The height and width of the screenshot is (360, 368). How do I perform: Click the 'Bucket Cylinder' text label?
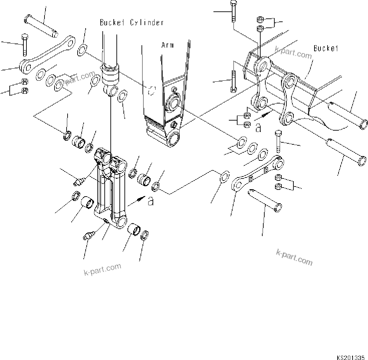coord(132,22)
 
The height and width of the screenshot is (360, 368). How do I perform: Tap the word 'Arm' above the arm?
coord(168,45)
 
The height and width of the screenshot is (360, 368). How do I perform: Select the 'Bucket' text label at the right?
coord(326,48)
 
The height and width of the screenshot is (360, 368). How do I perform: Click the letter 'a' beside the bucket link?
coord(258,127)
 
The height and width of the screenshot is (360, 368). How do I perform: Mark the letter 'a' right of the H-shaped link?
coord(151,201)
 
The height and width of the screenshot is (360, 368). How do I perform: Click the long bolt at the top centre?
coord(233,12)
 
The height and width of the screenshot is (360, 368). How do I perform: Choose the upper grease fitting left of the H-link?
coord(78,182)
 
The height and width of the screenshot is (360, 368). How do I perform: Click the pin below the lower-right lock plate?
coord(265,201)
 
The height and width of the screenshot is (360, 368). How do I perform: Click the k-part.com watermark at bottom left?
coord(102,269)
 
